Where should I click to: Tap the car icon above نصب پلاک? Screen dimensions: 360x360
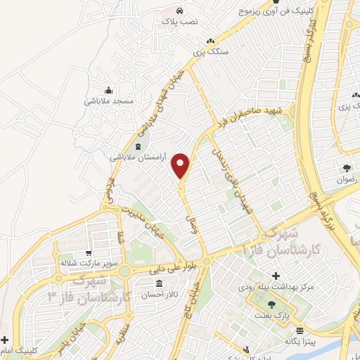click(180, 11)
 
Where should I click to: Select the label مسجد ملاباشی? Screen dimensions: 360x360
click(109, 101)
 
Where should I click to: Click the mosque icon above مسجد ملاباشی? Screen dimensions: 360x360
click(108, 90)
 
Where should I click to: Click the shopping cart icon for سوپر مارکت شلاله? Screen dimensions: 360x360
click(88, 253)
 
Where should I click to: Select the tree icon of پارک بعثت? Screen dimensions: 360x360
click(272, 304)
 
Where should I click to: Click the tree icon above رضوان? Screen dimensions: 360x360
click(347, 168)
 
